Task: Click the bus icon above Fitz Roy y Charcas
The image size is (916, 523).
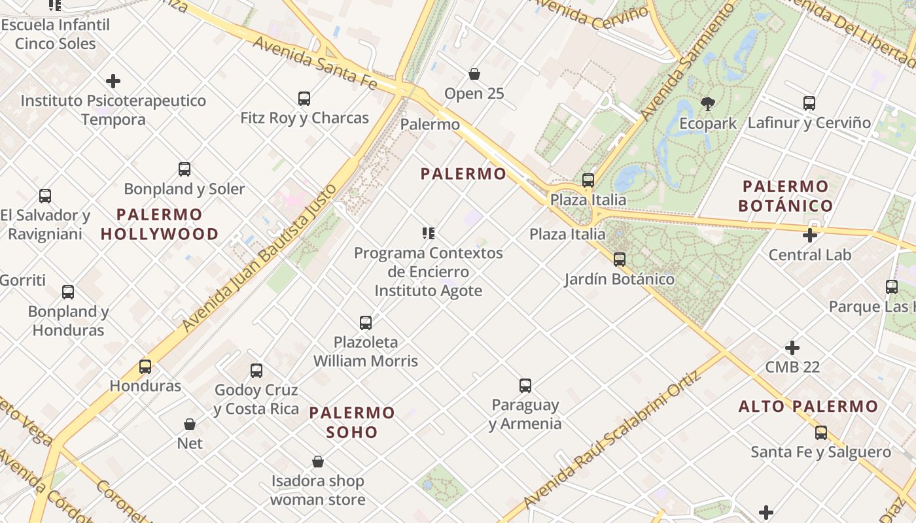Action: click(x=304, y=99)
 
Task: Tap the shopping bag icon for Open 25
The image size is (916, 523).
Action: click(x=474, y=74)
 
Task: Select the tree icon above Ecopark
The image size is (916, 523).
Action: click(x=707, y=103)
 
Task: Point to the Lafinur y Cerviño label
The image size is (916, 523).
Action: click(x=809, y=123)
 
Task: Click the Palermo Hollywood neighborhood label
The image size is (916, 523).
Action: click(x=160, y=224)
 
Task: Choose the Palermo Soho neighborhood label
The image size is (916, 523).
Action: click(x=352, y=422)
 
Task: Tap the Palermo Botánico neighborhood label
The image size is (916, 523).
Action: click(x=785, y=196)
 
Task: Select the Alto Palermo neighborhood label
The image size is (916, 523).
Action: click(x=808, y=407)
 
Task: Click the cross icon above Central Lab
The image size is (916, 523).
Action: click(x=810, y=235)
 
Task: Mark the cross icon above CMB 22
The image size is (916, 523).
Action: click(x=792, y=348)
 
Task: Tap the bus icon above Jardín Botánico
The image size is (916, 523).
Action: click(x=620, y=260)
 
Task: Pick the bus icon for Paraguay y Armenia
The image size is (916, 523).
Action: click(x=525, y=386)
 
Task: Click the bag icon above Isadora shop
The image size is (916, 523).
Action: click(x=318, y=462)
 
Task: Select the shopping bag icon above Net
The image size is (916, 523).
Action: click(x=190, y=424)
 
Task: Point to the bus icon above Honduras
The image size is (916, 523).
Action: click(x=145, y=367)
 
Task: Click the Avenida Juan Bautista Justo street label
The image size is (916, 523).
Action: click(x=260, y=257)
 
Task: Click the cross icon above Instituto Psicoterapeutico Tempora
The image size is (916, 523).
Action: click(x=113, y=81)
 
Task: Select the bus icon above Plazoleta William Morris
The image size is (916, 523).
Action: click(x=366, y=323)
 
